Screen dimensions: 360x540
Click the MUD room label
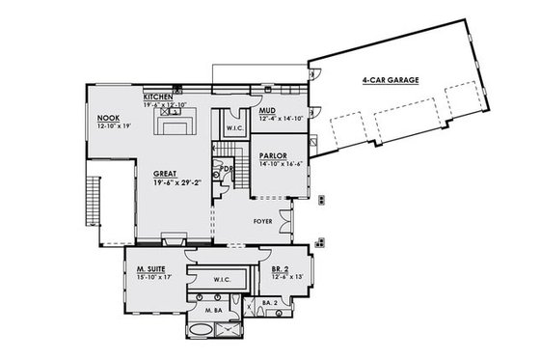(x=268, y=111)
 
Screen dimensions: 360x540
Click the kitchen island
(x=176, y=128)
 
